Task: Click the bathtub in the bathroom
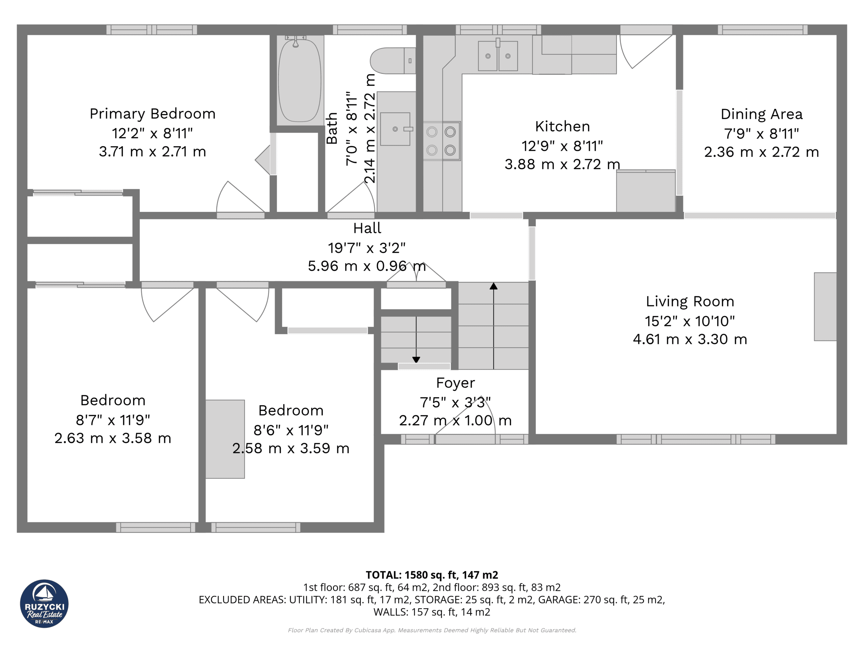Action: [300, 80]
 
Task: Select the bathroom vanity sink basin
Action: [395, 129]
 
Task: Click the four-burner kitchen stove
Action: [441, 141]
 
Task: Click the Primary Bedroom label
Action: [152, 114]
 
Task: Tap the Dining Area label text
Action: [761, 114]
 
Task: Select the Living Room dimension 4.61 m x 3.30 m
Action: [690, 339]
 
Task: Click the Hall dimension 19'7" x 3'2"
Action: [367, 248]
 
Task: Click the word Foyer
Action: [455, 383]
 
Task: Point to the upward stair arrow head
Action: [494, 286]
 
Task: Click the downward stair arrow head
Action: [416, 359]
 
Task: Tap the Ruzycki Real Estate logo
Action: [44, 603]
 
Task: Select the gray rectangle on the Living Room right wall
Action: [825, 306]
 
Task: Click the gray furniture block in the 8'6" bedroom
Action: [225, 439]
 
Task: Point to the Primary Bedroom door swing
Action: [238, 197]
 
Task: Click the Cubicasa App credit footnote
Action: [432, 630]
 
